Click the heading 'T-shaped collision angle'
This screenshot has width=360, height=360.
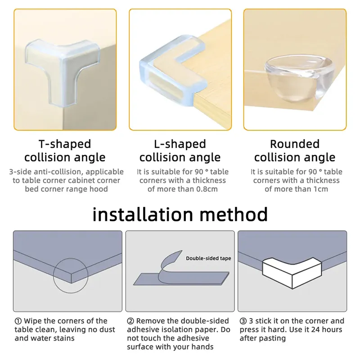pyautogui.click(x=65, y=151)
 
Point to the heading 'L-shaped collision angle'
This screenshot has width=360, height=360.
pyautogui.click(x=180, y=151)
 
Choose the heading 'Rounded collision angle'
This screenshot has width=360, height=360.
pyautogui.click(x=295, y=151)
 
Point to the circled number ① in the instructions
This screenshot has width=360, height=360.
pyautogui.click(x=18, y=321)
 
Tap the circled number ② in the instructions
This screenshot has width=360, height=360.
pyautogui.click(x=130, y=321)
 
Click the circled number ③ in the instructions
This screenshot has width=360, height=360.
pyautogui.click(x=243, y=321)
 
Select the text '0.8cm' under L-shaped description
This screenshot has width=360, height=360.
pyautogui.click(x=205, y=189)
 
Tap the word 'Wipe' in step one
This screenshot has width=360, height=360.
pyautogui.click(x=33, y=321)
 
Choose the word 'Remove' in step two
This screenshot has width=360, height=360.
pyautogui.click(x=151, y=321)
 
